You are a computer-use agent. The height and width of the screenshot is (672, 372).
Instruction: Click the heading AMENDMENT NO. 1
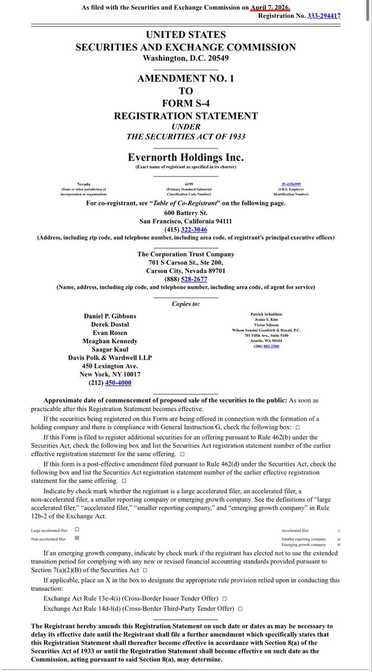pyautogui.click(x=185, y=79)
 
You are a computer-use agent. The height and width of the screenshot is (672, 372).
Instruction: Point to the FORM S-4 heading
pyautogui.click(x=185, y=104)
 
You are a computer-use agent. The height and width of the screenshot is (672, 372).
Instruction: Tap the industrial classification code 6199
pyautogui.click(x=185, y=184)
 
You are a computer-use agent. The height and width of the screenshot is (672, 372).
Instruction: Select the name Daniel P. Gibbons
pyautogui.click(x=109, y=316)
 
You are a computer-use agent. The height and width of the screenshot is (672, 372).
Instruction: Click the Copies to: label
pyautogui.click(x=185, y=303)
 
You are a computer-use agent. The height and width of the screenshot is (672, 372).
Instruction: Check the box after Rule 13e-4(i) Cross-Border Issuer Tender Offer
pyautogui.click(x=224, y=598)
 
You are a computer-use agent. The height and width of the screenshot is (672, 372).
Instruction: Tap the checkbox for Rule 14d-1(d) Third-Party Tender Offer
pyautogui.click(x=239, y=608)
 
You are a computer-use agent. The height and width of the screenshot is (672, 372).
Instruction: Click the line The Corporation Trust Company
pyautogui.click(x=185, y=254)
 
